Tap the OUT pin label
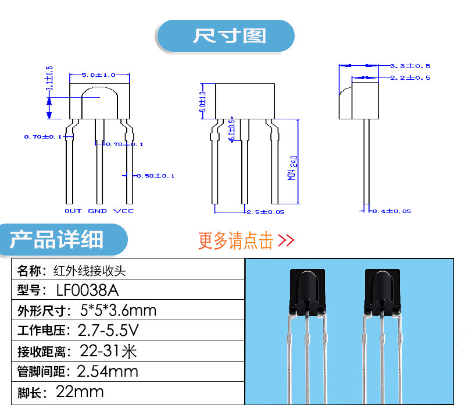(73, 211)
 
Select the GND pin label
(98, 211)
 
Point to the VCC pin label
(124, 211)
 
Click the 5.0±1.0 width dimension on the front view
(99, 75)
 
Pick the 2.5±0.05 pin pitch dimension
(266, 212)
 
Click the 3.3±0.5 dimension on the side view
(410, 66)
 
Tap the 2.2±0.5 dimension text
(410, 77)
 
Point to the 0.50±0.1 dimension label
(155, 175)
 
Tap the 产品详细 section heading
(57, 239)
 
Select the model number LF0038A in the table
(90, 289)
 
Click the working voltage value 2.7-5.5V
(109, 331)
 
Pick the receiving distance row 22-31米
(108, 351)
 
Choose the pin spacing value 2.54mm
(108, 371)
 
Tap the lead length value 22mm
(80, 392)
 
